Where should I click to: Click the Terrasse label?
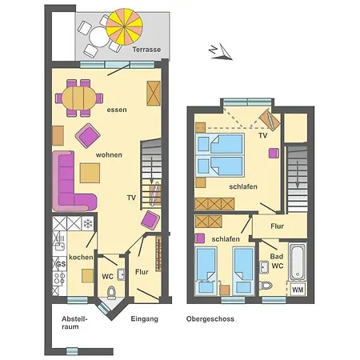(147, 50)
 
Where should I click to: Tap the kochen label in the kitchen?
(81, 258)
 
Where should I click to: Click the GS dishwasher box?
(59, 262)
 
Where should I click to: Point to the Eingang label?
(145, 319)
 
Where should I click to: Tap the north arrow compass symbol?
(215, 52)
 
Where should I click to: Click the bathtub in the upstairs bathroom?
(298, 262)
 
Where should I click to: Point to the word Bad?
(266, 255)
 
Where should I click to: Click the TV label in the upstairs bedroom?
(262, 136)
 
